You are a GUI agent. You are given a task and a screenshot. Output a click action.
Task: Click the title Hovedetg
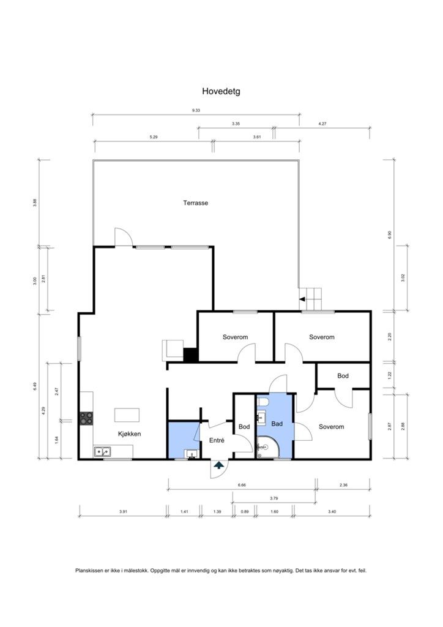coord(221,91)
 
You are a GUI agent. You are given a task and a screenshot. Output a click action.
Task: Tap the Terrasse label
coord(196,203)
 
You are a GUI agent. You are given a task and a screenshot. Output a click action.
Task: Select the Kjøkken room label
coord(130,434)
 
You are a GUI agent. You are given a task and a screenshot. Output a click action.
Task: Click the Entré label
coord(217,440)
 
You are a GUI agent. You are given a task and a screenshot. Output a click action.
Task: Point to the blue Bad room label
coord(277,424)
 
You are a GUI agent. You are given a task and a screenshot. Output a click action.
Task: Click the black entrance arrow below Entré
coord(219,465)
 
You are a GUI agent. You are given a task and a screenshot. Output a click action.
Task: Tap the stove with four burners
coord(86,418)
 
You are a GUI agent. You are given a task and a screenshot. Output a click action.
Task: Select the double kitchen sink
coord(103,452)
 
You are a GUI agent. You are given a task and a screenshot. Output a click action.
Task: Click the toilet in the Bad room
coord(264,401)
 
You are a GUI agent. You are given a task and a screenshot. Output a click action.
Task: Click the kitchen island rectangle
coord(127,415)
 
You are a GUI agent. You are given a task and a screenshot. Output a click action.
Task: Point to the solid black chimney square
coord(190,355)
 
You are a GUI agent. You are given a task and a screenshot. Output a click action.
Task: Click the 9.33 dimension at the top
coord(196,110)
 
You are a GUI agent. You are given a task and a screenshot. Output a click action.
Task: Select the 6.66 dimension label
coord(242,485)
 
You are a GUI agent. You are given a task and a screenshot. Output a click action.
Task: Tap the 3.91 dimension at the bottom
coord(123,511)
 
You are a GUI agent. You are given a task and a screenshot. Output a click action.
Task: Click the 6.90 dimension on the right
coord(390,235)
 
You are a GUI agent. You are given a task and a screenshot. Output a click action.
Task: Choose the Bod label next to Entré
coord(244,427)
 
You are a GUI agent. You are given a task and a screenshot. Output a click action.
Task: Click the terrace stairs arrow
coord(302,299)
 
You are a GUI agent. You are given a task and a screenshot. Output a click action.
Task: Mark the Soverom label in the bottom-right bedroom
coord(331,427)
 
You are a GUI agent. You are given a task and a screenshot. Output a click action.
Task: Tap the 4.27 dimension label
coord(322,124)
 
